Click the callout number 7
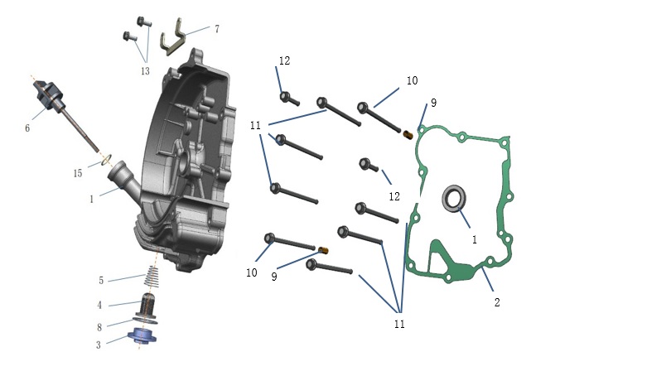(x=217, y=29)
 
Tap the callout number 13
(x=145, y=71)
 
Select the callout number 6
(x=27, y=128)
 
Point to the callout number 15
(x=78, y=173)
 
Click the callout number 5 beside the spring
(x=101, y=281)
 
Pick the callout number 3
(x=99, y=345)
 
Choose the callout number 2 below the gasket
(x=497, y=302)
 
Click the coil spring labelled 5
(x=152, y=277)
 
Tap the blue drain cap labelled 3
(x=142, y=335)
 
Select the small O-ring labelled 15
(x=106, y=159)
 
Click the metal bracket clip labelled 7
(x=173, y=37)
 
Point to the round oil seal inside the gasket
(x=454, y=198)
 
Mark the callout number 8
(x=99, y=328)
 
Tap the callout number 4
(x=99, y=306)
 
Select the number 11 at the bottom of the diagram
(x=399, y=325)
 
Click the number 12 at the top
(x=284, y=60)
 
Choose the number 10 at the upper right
(x=412, y=80)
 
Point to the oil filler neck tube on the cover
(x=123, y=179)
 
